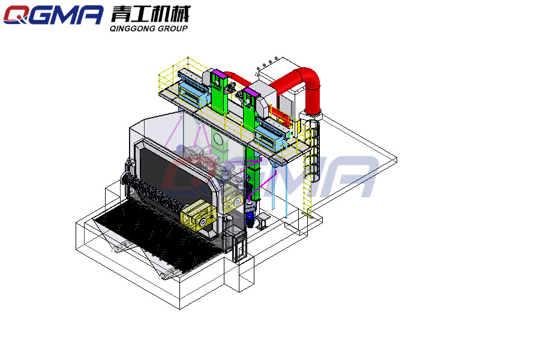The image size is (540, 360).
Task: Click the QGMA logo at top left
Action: [x=53, y=15]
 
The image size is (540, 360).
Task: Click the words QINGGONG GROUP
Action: [x=148, y=29]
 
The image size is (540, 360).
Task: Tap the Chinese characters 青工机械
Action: [x=150, y=14]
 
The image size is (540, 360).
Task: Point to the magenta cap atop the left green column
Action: [x=218, y=74]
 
